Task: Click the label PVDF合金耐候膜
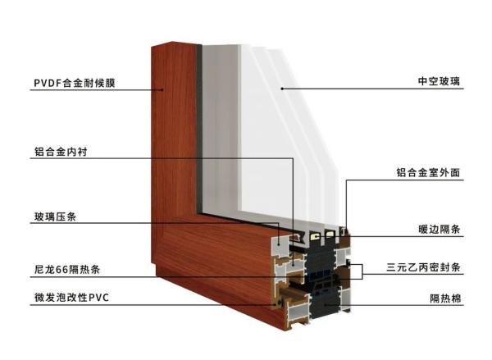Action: click(75, 83)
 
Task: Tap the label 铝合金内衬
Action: click(61, 152)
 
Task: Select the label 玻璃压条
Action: click(55, 216)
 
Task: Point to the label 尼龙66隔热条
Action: click(67, 269)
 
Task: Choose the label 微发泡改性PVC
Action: click(71, 297)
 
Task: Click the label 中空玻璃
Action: click(439, 81)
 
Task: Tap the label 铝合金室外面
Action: click(428, 172)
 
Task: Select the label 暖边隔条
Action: click(440, 229)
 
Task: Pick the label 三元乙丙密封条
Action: click(423, 267)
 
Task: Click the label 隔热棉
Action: click(445, 298)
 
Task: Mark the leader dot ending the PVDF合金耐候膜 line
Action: click(162, 89)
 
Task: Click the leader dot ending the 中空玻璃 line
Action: click(282, 89)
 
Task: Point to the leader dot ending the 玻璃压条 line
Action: click(279, 241)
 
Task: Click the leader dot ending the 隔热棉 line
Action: click(326, 304)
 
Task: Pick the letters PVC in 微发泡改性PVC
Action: click(99, 298)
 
